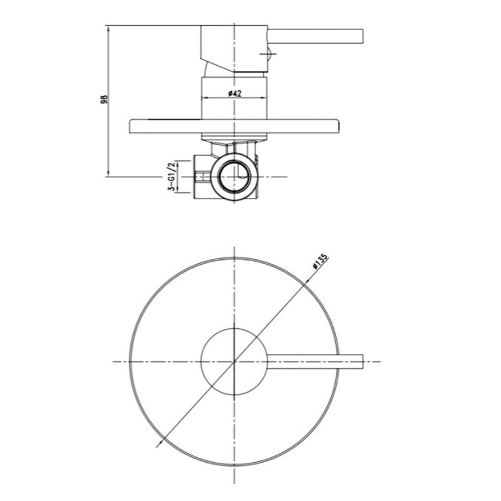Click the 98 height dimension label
pyautogui.click(x=105, y=100)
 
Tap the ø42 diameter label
pyautogui.click(x=235, y=93)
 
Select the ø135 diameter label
pyautogui.click(x=320, y=261)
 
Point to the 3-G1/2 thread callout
pyautogui.click(x=172, y=177)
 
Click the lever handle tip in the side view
pyautogui.click(x=362, y=36)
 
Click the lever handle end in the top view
pyautogui.click(x=362, y=362)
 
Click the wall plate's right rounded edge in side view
pyautogui.click(x=338, y=127)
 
